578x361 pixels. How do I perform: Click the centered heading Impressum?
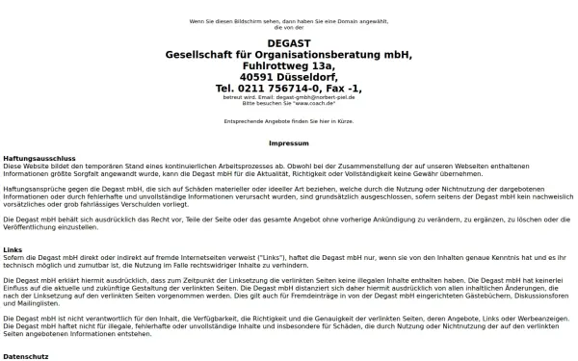coord(289,142)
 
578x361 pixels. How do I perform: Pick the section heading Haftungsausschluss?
coord(39,157)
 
